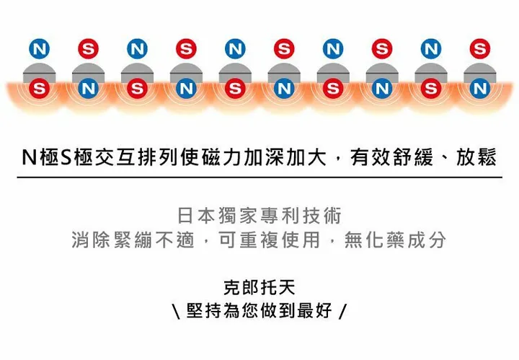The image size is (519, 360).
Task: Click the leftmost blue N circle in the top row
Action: coord(40,49)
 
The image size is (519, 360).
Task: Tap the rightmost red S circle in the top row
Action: coord(479,49)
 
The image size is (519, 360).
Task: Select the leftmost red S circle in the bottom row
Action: coord(40,89)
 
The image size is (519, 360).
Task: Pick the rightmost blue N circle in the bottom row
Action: coord(479,89)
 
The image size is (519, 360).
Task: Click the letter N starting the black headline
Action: coord(29,157)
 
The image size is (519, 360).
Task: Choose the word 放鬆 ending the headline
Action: coord(476,157)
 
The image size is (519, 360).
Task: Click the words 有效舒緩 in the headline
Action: coord(391,157)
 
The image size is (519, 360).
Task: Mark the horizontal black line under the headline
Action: coord(259,177)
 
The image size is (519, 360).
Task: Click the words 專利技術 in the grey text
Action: coord(301,215)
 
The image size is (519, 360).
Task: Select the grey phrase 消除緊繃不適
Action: coord(133,240)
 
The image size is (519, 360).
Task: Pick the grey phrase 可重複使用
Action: coord(270,240)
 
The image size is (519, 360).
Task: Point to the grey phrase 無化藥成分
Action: coord(395,240)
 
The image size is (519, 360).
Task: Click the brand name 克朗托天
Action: coord(259,287)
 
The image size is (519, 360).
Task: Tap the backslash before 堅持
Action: coord(177,312)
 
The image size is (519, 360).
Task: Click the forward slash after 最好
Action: coord(343,312)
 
